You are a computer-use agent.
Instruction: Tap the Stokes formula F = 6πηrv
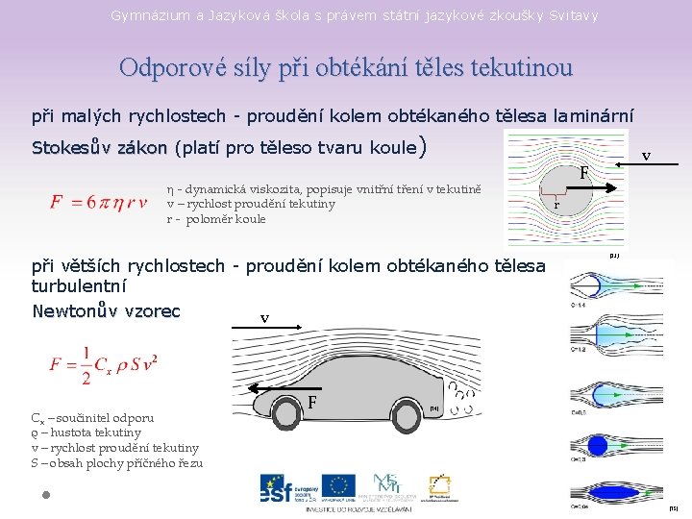[x=99, y=203]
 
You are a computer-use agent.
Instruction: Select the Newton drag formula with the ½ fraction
[x=105, y=364]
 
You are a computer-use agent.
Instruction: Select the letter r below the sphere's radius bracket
[x=556, y=206]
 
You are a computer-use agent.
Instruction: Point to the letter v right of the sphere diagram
[x=646, y=155]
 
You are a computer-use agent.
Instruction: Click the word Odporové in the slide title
[x=165, y=67]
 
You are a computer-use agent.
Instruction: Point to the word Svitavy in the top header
[x=575, y=15]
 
